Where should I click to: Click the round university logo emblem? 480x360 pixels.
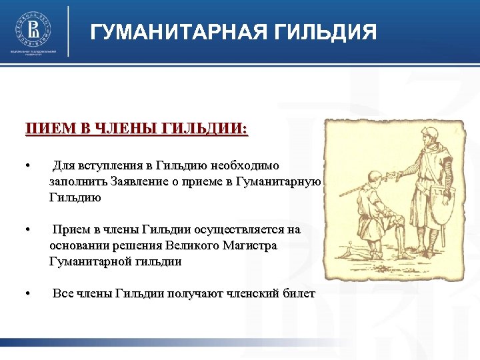(x=33, y=28)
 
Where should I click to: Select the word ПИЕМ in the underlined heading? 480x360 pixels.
(x=45, y=129)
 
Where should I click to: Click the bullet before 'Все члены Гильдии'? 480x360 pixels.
(x=27, y=294)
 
